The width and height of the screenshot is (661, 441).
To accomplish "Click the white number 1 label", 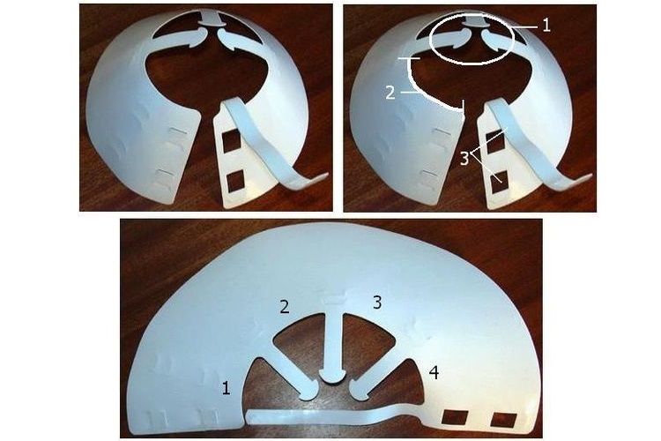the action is (x=546, y=26).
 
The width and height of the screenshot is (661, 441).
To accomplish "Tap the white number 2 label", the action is (x=390, y=93).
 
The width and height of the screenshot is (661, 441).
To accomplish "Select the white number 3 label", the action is (x=464, y=159).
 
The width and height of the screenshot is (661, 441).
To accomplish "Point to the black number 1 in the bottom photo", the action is (x=227, y=388).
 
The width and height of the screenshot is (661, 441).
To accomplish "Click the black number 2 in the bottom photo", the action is (x=285, y=306).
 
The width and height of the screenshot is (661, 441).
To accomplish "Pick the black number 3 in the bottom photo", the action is (x=377, y=303).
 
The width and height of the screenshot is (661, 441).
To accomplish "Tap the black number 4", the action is (x=434, y=372).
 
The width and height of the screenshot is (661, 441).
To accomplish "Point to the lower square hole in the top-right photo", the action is (x=500, y=183).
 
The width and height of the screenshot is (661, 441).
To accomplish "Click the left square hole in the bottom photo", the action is (x=455, y=416).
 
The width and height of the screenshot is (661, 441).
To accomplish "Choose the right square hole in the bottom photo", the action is (x=504, y=419).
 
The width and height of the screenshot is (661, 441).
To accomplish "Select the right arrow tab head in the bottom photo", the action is (x=360, y=391).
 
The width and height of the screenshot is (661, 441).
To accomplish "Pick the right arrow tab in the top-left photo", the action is (x=241, y=42).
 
